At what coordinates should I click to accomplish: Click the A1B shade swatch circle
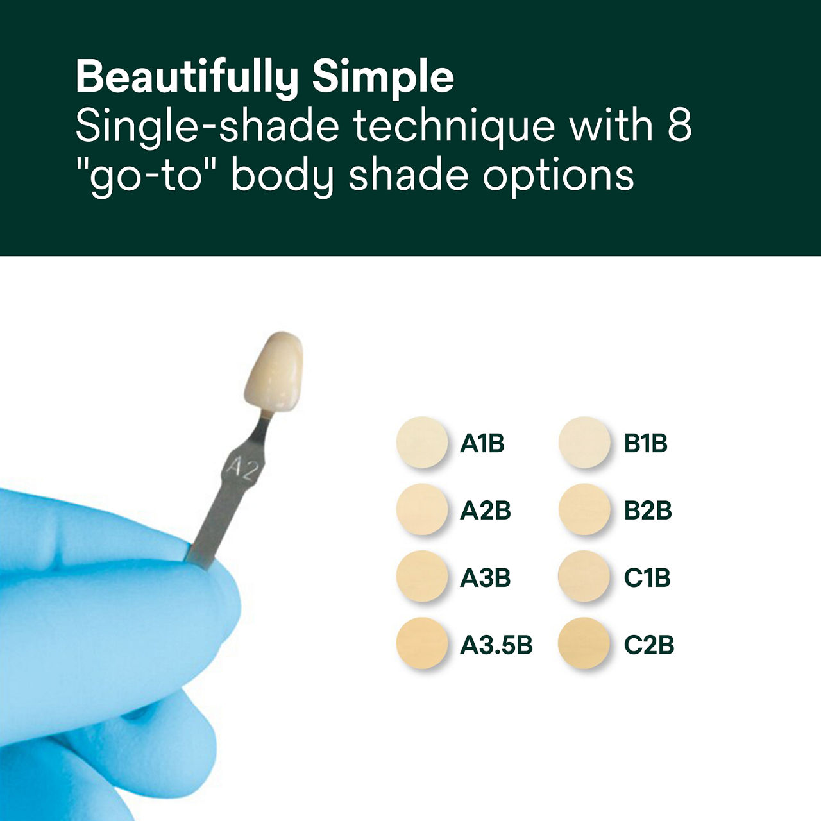(x=421, y=442)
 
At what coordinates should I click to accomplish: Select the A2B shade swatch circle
(x=421, y=509)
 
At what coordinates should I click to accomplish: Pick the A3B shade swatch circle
(x=421, y=577)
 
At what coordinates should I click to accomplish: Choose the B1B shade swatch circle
(x=583, y=442)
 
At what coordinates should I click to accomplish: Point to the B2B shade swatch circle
(x=583, y=509)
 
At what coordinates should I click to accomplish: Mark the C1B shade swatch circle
(x=583, y=577)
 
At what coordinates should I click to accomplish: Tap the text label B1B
(x=645, y=443)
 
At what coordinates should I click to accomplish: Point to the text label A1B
(x=482, y=443)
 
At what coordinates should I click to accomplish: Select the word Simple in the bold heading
(x=383, y=78)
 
